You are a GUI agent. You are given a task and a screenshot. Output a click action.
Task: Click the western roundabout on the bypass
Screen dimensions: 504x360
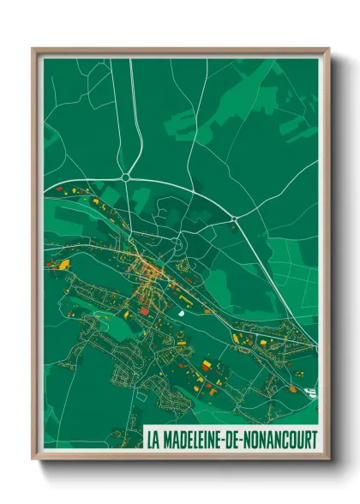coord(126,177)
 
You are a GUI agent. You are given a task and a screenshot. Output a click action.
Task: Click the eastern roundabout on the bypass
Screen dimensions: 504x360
coord(234,221)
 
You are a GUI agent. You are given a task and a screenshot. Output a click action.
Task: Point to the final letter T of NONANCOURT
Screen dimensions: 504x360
coord(314,440)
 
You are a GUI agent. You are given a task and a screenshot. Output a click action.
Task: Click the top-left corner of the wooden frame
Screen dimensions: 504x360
coord(33,49)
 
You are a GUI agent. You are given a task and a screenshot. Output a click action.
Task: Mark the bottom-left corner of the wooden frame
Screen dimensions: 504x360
coord(33,459)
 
